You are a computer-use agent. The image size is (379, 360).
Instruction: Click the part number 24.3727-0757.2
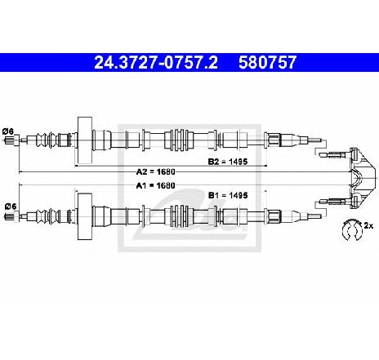156,63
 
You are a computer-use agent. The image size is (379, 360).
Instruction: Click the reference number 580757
267,63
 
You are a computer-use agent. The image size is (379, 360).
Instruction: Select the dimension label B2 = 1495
228,162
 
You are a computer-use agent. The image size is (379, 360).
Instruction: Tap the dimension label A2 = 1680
155,172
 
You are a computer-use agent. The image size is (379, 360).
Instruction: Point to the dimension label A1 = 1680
155,185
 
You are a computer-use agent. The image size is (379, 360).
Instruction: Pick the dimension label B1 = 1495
228,195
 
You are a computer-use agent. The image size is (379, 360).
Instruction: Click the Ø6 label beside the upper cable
8,131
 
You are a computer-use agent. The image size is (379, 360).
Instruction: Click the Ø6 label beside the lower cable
11,207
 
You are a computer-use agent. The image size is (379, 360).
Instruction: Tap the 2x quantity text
368,225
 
